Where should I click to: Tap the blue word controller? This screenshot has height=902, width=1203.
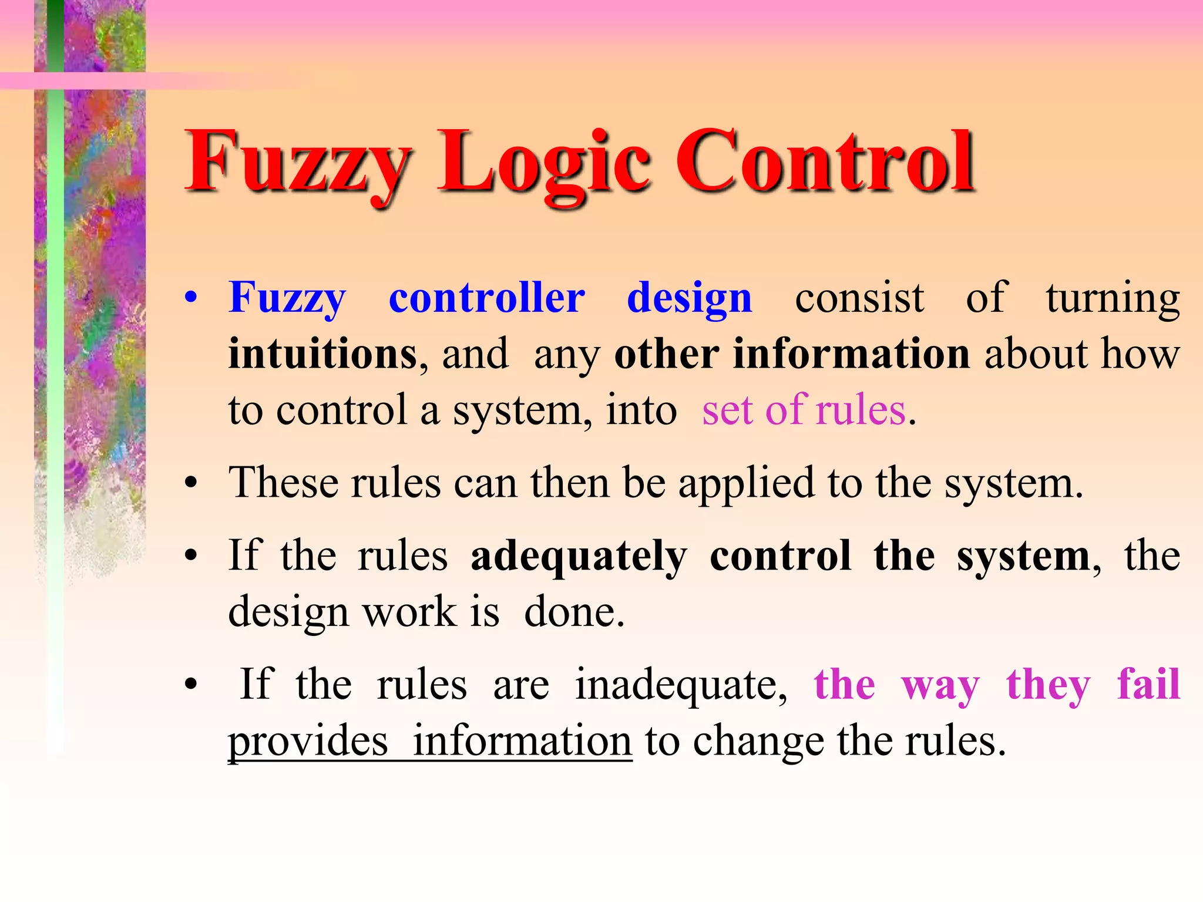pos(486,298)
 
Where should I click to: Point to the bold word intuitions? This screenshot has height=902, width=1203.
pos(322,354)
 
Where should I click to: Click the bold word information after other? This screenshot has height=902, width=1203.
pos(851,354)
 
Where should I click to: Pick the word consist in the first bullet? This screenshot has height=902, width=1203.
pos(859,298)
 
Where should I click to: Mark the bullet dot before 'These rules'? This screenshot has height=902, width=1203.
pos(190,484)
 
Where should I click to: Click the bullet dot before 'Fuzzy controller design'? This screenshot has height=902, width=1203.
pos(190,298)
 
